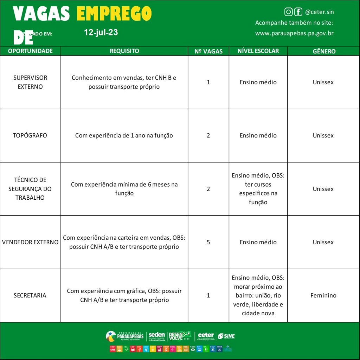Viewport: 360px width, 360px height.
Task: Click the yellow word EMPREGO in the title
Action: (x=114, y=14)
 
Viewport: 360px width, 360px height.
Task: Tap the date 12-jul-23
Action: (x=101, y=33)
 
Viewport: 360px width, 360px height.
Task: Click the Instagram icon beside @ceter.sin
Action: (x=288, y=12)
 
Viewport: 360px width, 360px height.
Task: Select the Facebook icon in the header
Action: (x=298, y=12)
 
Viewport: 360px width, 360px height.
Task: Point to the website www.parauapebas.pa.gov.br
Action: (x=294, y=33)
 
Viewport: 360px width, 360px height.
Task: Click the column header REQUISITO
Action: (x=124, y=51)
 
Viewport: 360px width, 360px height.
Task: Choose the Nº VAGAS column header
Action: (x=208, y=51)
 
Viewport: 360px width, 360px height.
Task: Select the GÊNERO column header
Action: (x=324, y=51)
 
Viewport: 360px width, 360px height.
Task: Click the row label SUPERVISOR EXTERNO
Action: (x=30, y=82)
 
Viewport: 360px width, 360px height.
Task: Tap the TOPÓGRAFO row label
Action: (x=30, y=135)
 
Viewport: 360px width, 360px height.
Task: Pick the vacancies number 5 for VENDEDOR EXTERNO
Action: (x=208, y=242)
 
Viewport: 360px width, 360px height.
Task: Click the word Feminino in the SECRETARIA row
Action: (x=323, y=295)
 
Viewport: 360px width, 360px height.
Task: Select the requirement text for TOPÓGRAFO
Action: (x=124, y=135)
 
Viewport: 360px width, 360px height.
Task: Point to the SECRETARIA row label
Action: (x=30, y=295)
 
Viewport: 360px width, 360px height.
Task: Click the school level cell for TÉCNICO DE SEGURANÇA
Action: (x=258, y=189)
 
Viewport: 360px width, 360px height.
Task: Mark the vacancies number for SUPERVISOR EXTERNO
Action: (x=208, y=82)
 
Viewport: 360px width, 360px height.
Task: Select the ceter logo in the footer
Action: (x=206, y=336)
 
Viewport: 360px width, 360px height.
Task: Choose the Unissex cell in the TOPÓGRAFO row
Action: (x=323, y=135)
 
